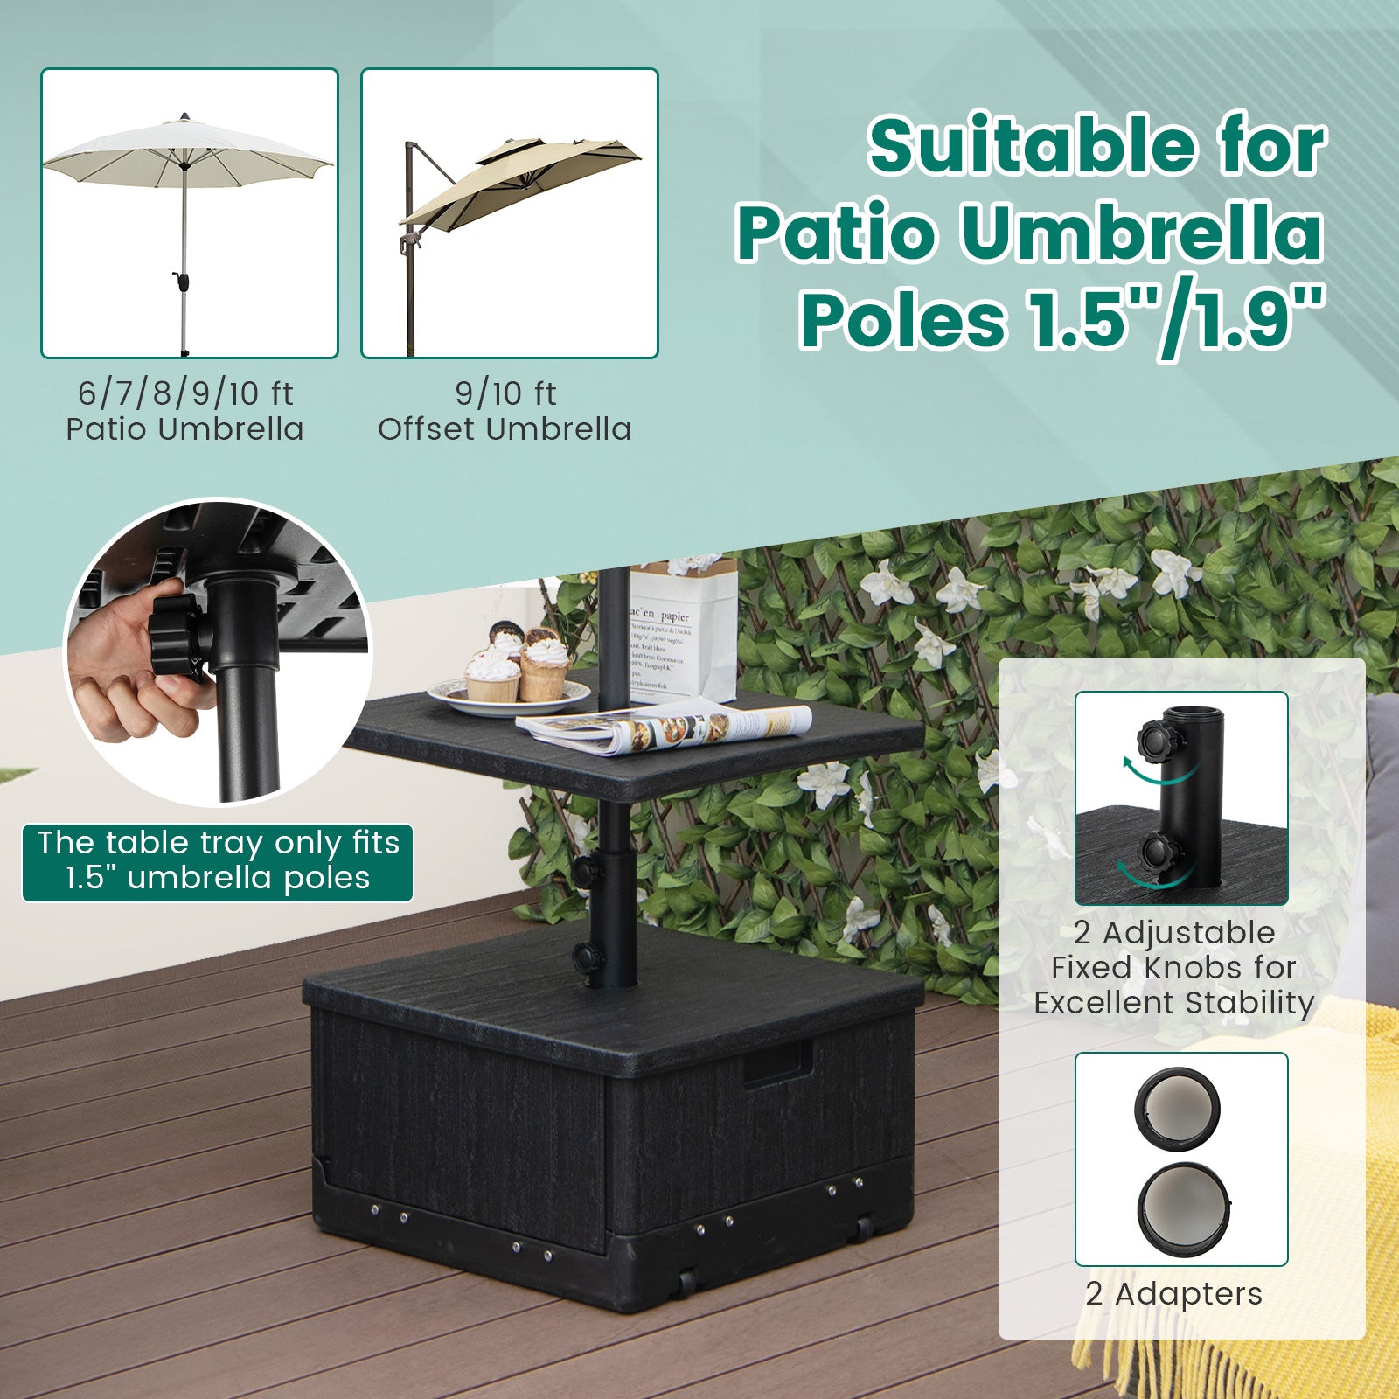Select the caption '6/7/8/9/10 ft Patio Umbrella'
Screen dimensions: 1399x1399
click(x=185, y=411)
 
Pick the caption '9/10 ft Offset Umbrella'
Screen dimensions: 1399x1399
click(x=505, y=411)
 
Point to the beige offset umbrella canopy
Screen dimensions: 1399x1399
click(x=525, y=179)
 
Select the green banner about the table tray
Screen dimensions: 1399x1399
click(x=218, y=860)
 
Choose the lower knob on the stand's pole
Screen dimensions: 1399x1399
click(x=587, y=957)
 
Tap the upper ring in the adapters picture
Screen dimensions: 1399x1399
click(x=1177, y=1109)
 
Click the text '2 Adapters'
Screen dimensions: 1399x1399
click(x=1173, y=1293)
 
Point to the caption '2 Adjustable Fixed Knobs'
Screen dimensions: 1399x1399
click(x=1174, y=967)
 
